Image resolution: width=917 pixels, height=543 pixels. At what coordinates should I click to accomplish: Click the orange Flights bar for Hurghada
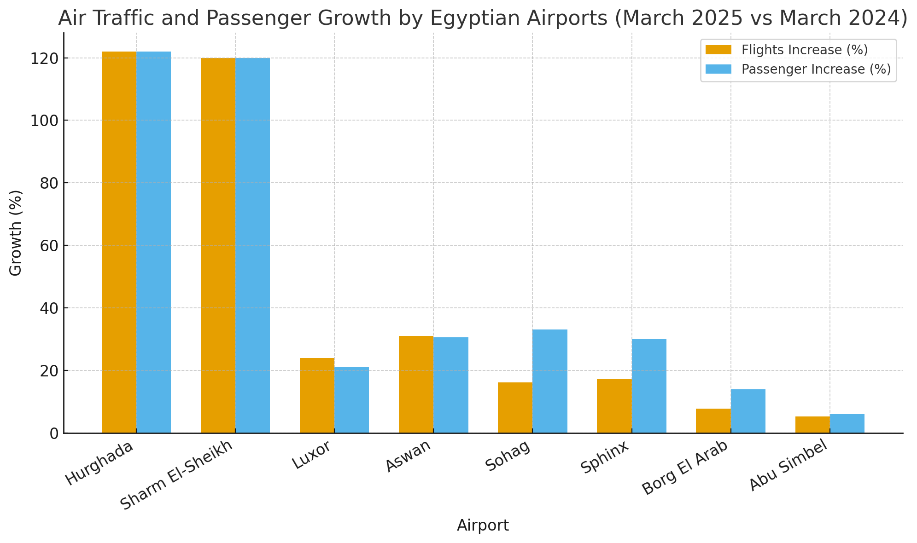coord(119,242)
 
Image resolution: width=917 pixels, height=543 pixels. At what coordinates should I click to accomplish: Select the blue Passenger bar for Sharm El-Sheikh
coord(252,245)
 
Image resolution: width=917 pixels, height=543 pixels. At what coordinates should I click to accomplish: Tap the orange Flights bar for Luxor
coord(317,395)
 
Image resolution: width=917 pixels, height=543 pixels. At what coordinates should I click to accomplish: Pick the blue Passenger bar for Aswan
coord(450,385)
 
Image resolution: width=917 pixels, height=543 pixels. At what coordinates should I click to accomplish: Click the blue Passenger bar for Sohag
coord(549,381)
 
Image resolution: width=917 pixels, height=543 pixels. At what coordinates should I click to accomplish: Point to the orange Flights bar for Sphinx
coord(614,406)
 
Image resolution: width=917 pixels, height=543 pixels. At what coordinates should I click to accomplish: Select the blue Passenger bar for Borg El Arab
coord(748,411)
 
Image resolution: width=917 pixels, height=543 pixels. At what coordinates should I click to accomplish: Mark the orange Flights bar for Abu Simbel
coord(812,425)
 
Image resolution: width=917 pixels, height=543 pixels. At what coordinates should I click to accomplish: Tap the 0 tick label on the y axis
coord(53,433)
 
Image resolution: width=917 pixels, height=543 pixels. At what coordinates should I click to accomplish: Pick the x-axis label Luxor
coord(312,455)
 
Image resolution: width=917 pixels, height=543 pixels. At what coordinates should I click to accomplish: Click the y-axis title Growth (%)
coord(16,233)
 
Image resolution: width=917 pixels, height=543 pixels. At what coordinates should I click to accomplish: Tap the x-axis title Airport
coord(483,526)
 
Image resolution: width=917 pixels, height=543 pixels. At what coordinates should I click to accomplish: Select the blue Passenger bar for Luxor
coord(351,400)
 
